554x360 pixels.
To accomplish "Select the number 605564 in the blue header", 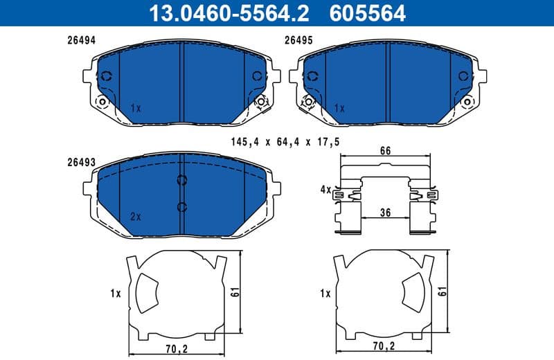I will [368, 12].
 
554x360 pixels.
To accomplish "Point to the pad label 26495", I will [299, 41].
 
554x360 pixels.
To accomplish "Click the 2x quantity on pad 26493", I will [135, 217].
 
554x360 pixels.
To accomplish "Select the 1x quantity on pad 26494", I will [135, 109].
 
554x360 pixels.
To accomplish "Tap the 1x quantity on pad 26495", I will [339, 109].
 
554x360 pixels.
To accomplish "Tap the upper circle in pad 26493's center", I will [181, 181].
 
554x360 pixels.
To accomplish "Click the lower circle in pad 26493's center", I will [181, 206].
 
